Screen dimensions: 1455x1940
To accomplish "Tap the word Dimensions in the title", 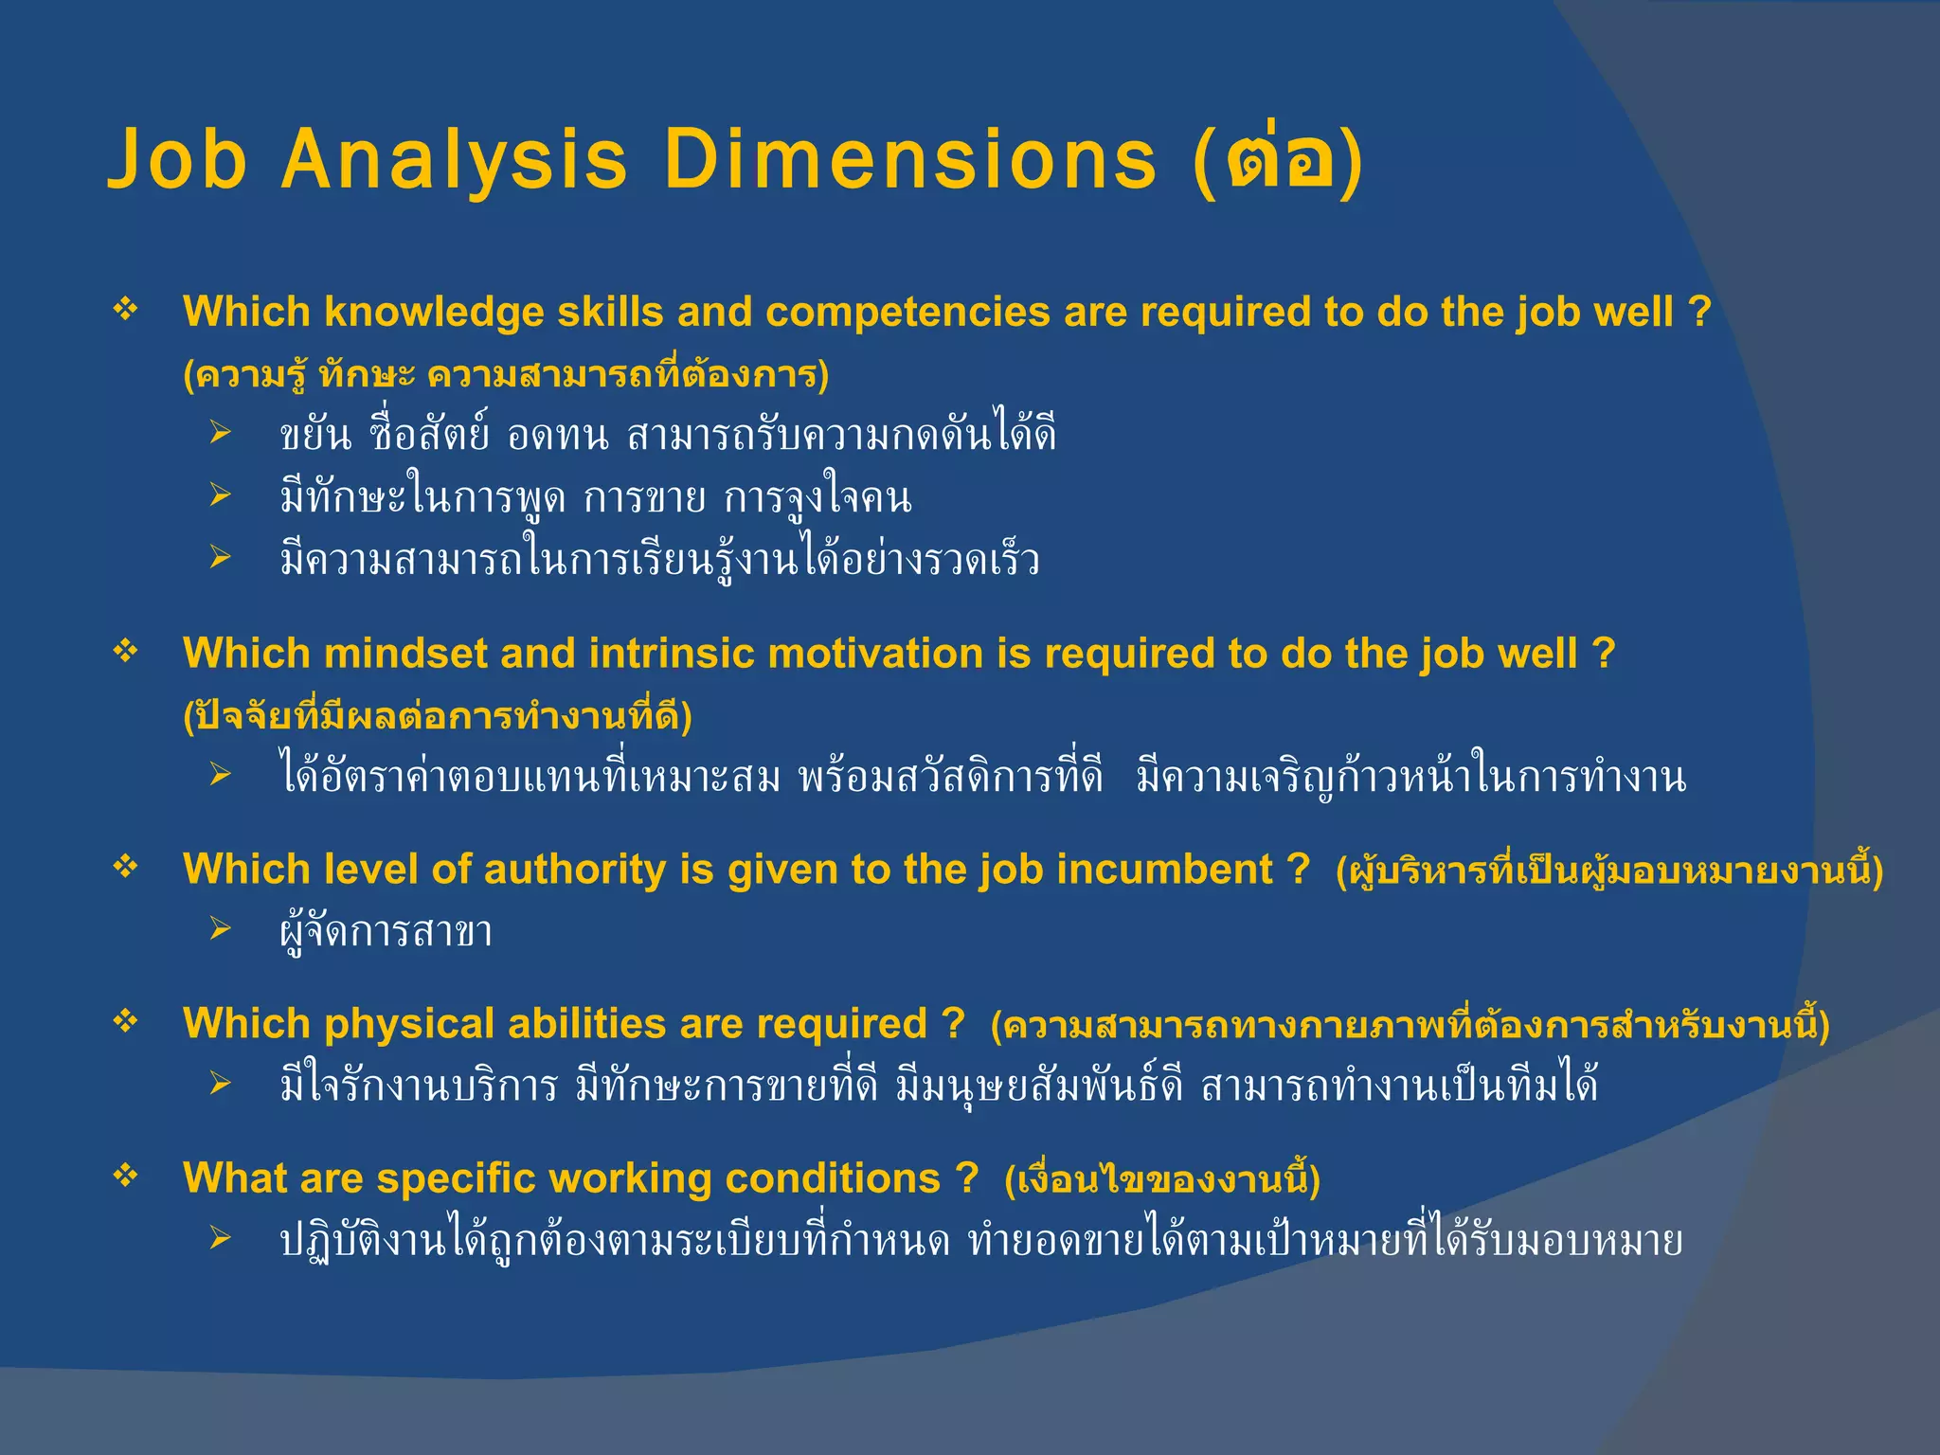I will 909,158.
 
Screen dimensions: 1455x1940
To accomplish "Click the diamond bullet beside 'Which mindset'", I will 126,652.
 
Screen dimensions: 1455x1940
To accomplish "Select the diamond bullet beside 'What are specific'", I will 126,1177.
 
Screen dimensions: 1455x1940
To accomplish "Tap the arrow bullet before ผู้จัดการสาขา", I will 221,929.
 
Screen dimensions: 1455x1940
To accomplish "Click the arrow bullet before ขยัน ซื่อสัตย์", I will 221,434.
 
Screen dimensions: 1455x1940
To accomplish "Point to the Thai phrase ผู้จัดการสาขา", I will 386,932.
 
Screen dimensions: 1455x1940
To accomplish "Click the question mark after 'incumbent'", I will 1299,870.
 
